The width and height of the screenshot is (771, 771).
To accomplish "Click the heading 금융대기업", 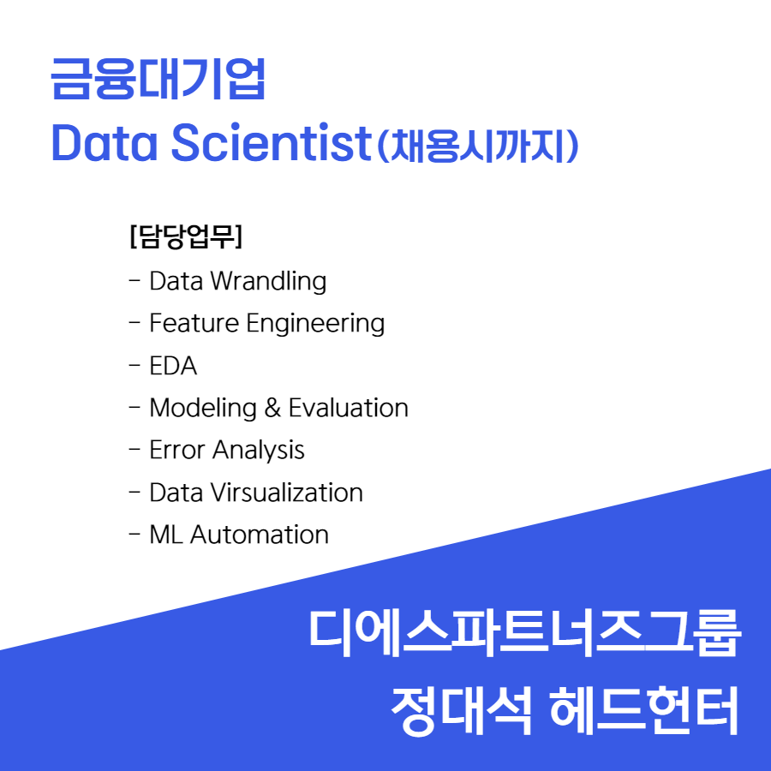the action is [158, 79].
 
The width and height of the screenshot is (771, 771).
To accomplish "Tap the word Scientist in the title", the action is [271, 142].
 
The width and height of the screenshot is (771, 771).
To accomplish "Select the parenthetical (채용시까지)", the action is [477, 146].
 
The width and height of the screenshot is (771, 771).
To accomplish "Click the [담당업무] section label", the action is [186, 236].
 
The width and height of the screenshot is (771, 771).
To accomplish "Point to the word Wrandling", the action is [268, 282].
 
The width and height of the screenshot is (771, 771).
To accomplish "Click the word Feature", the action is [194, 323].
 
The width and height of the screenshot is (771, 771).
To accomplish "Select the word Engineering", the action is [315, 325].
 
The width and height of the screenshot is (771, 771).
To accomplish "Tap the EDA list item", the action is [173, 366].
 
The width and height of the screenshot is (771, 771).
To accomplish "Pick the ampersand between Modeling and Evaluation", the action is [272, 408].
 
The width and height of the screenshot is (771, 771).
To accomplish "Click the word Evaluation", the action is [348, 408].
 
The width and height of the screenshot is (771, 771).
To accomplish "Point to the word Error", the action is [177, 451].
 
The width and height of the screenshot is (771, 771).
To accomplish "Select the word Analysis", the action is [259, 451].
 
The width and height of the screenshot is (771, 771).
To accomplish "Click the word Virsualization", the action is [287, 493].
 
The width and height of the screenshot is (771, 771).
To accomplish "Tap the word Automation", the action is [260, 535].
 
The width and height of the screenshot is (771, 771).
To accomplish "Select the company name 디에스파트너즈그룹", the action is [524, 633].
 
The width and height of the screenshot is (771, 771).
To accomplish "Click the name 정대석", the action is [461, 711].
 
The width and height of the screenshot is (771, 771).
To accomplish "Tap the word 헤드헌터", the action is [644, 711].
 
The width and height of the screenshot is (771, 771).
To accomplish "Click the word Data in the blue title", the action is [105, 142].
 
